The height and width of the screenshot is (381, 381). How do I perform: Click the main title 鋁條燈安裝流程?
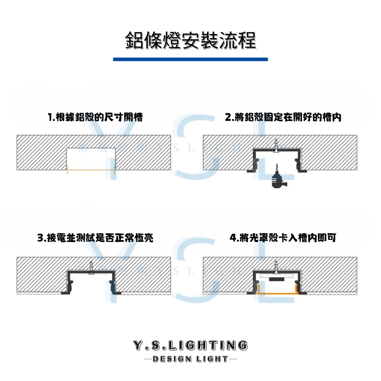point(190,41)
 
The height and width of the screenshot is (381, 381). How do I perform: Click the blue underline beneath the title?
point(190,59)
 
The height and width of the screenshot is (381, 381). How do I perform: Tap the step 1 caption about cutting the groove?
point(95,117)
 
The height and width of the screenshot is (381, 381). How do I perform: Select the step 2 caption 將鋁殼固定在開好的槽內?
point(283,117)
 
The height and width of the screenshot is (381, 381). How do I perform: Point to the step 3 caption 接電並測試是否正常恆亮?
point(95,238)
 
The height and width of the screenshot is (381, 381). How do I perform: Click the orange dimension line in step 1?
point(91,170)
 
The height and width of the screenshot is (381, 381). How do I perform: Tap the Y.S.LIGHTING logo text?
point(190,345)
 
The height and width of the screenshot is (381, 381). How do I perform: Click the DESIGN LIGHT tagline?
point(190,359)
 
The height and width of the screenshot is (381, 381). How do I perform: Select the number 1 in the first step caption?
point(50,117)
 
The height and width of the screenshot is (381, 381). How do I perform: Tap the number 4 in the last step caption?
point(233,238)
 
